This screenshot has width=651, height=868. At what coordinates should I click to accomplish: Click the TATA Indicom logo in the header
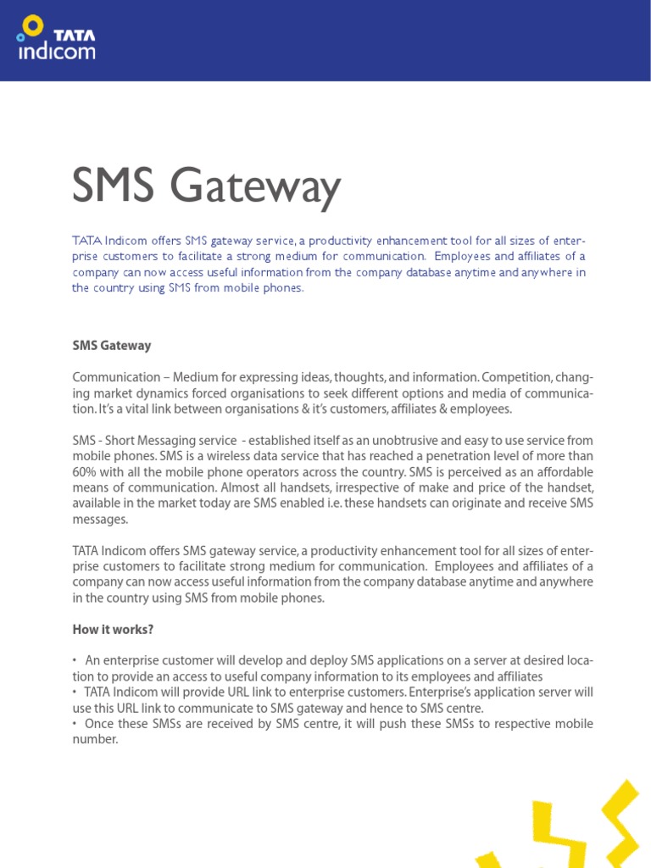(x=56, y=39)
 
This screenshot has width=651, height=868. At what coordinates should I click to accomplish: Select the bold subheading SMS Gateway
(x=112, y=346)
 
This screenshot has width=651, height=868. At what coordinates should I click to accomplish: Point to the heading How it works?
(x=114, y=629)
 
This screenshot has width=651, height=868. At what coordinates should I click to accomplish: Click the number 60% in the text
(x=86, y=472)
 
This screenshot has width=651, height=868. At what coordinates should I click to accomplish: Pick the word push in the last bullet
(x=369, y=724)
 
